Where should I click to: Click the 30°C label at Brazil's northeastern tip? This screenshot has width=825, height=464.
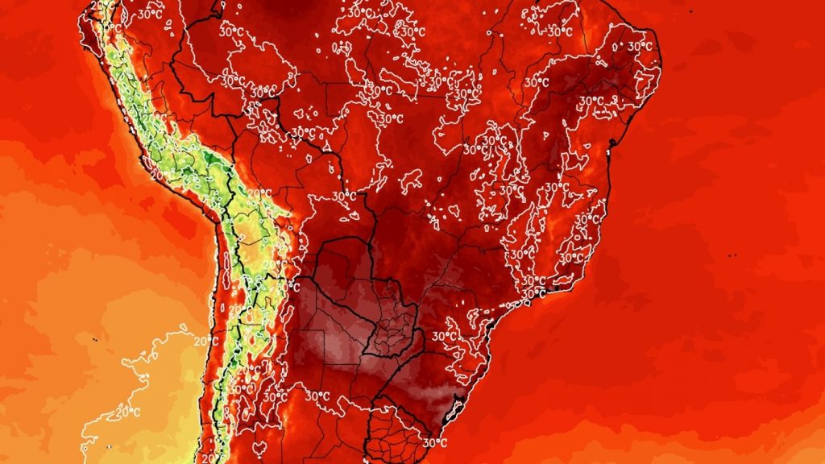(639, 47)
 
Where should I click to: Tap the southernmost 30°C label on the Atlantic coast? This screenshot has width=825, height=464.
(435, 442)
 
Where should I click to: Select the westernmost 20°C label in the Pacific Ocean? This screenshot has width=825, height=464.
(124, 412)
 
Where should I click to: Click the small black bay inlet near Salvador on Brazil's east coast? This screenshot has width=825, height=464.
(611, 145)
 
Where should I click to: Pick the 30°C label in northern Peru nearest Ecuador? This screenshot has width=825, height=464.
(148, 14)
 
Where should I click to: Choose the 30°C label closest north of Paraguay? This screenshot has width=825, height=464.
(344, 196)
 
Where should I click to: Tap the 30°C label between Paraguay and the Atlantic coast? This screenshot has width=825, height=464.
(441, 336)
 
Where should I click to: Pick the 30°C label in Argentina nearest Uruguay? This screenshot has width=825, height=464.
(317, 396)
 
